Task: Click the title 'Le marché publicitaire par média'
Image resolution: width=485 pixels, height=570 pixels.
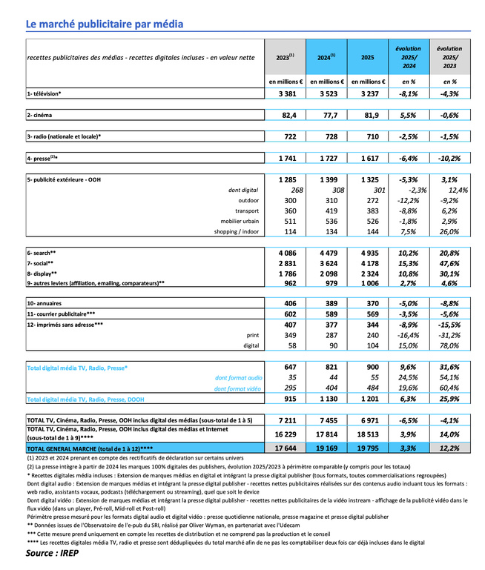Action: pyautogui.click(x=104, y=24)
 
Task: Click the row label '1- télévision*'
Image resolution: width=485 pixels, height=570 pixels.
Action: pyautogui.click(x=44, y=93)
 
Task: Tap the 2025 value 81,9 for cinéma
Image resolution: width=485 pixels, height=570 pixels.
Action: pyautogui.click(x=366, y=115)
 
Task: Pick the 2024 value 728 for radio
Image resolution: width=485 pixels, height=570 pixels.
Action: pyautogui.click(x=326, y=136)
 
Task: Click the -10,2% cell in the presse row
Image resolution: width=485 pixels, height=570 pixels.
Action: pyautogui.click(x=447, y=159)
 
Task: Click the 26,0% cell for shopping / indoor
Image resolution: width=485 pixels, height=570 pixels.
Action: pyautogui.click(x=447, y=231)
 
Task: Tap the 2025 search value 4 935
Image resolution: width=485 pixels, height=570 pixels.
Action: pyautogui.click(x=366, y=253)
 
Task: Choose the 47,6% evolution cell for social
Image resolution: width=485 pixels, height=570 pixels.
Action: pyautogui.click(x=447, y=263)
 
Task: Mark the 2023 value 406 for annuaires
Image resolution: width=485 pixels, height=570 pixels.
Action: pyautogui.click(x=286, y=304)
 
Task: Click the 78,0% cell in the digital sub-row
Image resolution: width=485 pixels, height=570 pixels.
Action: pyautogui.click(x=447, y=345)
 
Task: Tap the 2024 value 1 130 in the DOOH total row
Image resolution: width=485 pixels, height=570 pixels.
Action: pyautogui.click(x=326, y=399)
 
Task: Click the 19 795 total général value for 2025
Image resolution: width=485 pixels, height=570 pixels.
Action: pyautogui.click(x=366, y=448)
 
